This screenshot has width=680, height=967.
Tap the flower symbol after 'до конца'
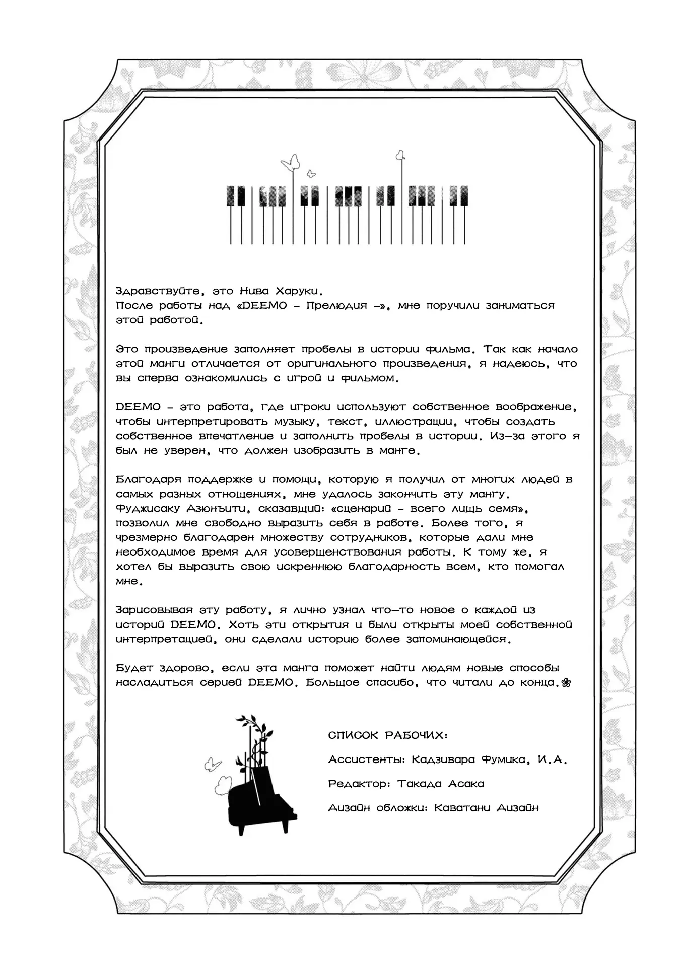566,683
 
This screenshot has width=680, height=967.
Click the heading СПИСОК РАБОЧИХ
387,735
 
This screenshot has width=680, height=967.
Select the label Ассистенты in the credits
366,760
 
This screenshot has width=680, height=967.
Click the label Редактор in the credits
359,784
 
